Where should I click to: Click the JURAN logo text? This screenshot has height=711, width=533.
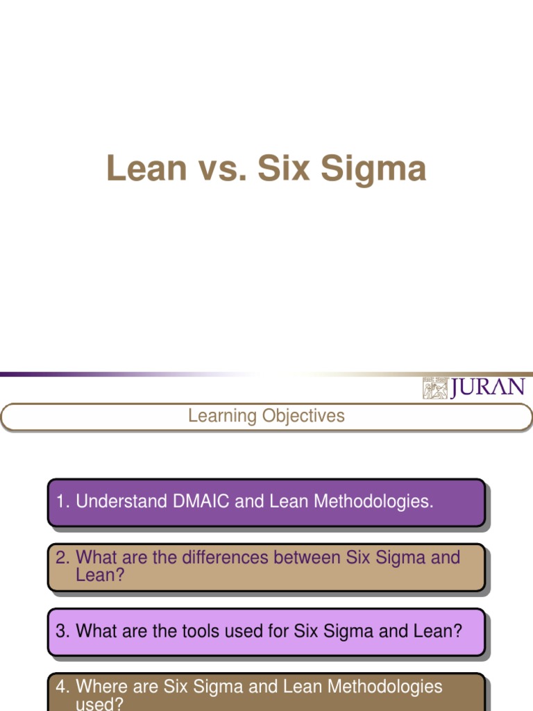click(x=487, y=387)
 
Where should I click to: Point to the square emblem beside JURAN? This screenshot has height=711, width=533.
click(x=435, y=388)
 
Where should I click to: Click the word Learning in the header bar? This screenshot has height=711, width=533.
click(x=222, y=417)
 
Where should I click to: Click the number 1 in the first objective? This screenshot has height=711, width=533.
click(x=61, y=501)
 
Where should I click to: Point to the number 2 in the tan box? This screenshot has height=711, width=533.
click(x=61, y=558)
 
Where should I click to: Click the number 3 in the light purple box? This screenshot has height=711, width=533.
click(x=61, y=631)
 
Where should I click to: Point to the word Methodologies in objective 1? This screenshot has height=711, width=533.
click(x=374, y=501)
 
